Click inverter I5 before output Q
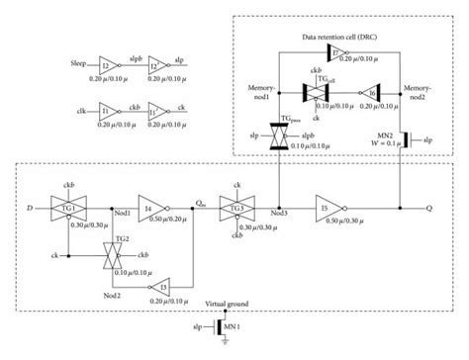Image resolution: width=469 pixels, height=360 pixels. (332, 209)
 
